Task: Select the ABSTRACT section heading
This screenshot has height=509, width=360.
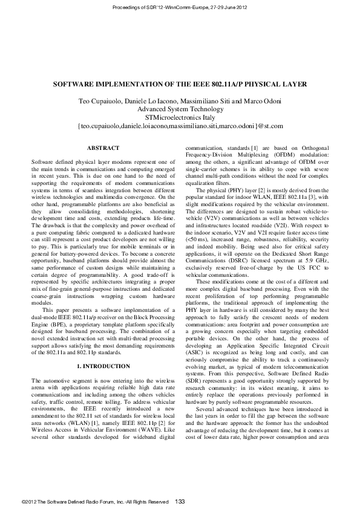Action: click(x=103, y=148)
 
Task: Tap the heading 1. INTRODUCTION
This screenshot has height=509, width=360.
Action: click(x=103, y=366)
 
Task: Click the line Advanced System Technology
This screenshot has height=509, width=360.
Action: click(x=180, y=109)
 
